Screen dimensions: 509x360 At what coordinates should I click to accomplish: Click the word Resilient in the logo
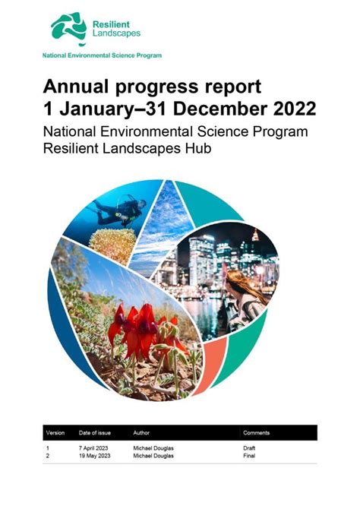coord(110,24)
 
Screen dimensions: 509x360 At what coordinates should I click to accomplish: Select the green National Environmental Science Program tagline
coord(102,55)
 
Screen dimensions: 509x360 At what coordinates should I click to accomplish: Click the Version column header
coord(55,432)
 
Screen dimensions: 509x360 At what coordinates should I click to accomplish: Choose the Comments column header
coord(257,432)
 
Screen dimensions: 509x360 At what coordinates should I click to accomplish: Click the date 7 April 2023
coord(94,448)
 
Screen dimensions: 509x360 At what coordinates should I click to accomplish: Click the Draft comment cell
coord(248,448)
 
